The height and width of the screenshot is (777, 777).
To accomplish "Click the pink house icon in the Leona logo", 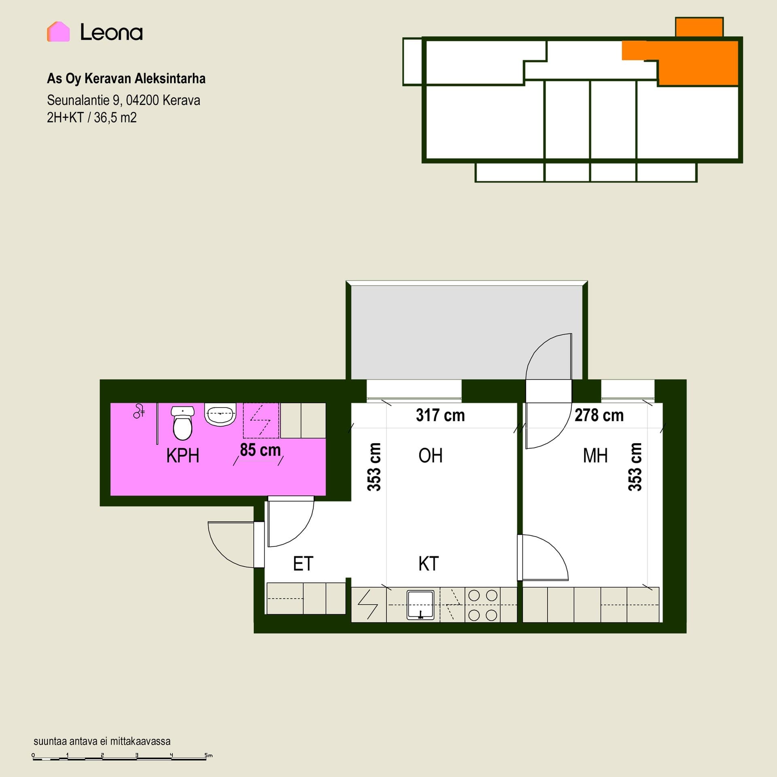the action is [58, 32].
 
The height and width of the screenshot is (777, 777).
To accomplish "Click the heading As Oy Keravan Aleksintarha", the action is [126, 79].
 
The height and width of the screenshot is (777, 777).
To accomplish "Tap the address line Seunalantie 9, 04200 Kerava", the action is [123, 100].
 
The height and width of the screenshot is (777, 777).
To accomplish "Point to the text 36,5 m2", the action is [115, 118].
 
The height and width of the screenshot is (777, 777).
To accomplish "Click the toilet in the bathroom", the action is [183, 423].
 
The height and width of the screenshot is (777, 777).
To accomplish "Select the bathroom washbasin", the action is [220, 414].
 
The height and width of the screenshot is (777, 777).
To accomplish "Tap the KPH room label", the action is [183, 456].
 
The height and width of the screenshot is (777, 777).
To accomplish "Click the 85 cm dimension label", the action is [260, 450].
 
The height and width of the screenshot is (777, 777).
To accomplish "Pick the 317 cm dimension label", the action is [440, 415].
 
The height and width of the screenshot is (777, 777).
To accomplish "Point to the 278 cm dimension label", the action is [599, 415].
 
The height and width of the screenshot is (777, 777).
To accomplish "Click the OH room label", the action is [431, 456].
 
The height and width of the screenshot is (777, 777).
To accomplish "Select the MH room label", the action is [595, 456].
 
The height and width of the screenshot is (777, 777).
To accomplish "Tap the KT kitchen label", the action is [429, 564].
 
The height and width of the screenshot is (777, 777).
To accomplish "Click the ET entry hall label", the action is [303, 564].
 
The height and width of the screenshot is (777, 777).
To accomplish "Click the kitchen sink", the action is [420, 605].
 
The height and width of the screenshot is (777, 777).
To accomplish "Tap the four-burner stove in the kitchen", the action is [483, 605].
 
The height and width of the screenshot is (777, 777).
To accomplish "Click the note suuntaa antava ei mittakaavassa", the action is [102, 741].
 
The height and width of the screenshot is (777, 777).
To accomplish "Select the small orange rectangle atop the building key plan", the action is [699, 27].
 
